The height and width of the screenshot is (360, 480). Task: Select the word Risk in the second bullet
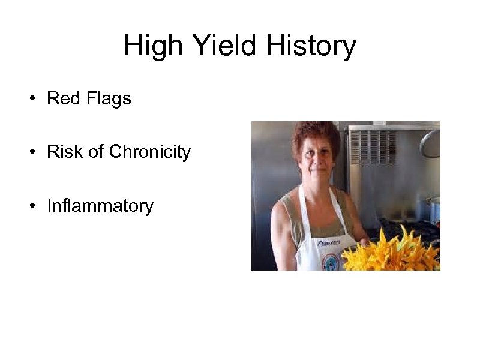point(65,152)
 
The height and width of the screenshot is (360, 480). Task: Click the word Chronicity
point(150,152)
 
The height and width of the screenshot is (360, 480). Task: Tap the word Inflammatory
point(100,206)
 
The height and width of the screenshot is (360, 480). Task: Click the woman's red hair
point(314,133)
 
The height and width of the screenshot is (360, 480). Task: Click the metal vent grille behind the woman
point(372,148)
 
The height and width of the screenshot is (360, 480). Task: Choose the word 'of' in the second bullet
point(96,152)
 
